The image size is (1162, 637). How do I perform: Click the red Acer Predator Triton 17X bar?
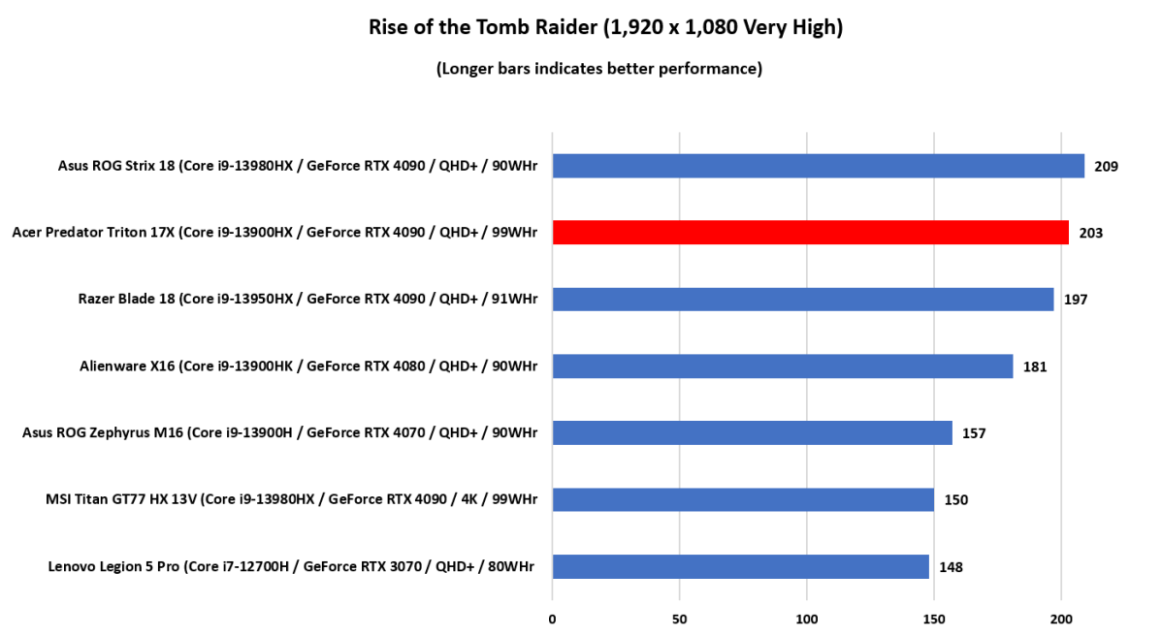(810, 233)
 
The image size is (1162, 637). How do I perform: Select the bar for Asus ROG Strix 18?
(818, 166)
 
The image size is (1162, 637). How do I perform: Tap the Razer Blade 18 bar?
(802, 299)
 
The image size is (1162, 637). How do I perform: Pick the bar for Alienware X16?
(782, 366)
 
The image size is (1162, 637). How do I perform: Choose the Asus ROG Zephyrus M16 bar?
(752, 432)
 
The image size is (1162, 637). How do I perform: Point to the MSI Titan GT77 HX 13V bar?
(743, 499)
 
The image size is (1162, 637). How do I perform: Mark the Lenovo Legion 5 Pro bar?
(740, 566)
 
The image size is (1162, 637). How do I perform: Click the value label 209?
(1107, 166)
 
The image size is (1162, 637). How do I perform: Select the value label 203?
(1091, 233)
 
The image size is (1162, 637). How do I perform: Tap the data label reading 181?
(1035, 366)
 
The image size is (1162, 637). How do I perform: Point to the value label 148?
(952, 567)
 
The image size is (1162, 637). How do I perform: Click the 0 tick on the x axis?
(552, 619)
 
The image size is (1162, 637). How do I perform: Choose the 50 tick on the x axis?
(679, 619)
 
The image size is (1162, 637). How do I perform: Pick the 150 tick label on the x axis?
(934, 619)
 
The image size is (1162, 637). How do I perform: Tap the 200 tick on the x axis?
(1061, 619)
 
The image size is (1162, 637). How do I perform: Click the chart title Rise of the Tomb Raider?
(605, 27)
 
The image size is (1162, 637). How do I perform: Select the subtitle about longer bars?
(598, 68)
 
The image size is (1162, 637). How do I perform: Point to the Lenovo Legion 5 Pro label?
(291, 566)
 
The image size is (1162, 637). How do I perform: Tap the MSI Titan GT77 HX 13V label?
(291, 499)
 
